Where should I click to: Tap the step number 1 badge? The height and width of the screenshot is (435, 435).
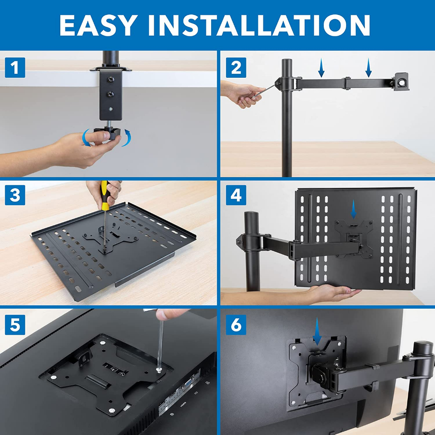pyautogui.click(x=15, y=68)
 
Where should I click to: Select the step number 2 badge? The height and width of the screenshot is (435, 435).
pyautogui.click(x=236, y=68)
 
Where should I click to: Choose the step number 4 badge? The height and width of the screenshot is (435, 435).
pyautogui.click(x=236, y=195)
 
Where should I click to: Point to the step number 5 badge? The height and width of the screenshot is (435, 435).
pyautogui.click(x=15, y=325)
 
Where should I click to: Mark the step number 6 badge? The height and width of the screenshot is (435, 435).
pyautogui.click(x=236, y=325)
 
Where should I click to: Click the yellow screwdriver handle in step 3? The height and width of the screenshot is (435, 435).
pyautogui.click(x=105, y=195)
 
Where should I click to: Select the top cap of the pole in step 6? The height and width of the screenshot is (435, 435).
pyautogui.click(x=422, y=346)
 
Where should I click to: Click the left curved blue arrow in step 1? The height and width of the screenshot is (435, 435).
pyautogui.click(x=87, y=138)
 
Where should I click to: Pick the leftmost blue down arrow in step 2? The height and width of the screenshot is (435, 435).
pyautogui.click(x=322, y=68)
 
